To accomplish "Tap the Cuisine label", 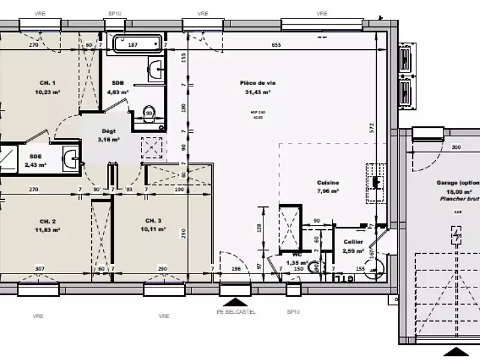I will point(328,182).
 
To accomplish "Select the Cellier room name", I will point(352,242).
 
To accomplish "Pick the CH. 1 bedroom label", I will point(48,83).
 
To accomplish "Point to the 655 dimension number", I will point(276,45).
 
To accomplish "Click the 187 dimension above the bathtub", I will point(133,45).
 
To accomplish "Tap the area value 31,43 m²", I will point(257,92).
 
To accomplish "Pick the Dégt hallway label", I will point(109,131).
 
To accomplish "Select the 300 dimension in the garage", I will point(456,147).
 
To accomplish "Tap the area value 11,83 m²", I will point(48,229).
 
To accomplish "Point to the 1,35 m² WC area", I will point(296,263).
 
